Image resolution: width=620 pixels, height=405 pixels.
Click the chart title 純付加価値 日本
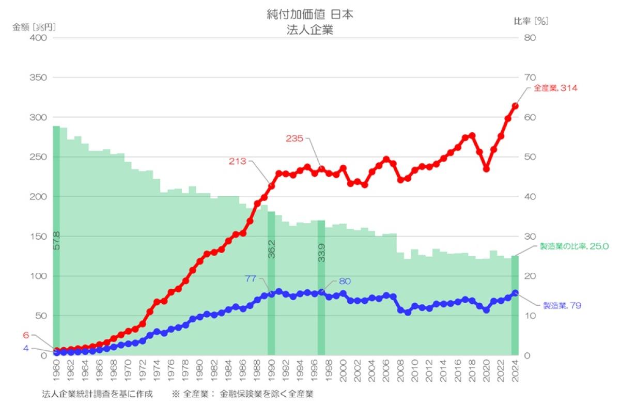tap(309, 15)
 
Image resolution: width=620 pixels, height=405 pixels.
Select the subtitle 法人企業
tap(309, 30)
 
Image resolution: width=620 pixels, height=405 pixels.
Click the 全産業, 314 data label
tap(555, 88)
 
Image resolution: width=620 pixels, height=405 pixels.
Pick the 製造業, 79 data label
tap(562, 306)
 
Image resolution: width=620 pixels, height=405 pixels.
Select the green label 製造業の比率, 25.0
tap(574, 246)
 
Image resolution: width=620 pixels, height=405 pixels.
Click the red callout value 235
tap(295, 138)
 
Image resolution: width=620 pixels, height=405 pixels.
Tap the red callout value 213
tap(238, 161)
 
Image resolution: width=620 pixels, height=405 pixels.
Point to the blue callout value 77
tap(251, 279)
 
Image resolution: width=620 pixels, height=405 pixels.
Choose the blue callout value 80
tap(345, 282)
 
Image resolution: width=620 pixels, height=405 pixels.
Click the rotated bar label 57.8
tap(56, 241)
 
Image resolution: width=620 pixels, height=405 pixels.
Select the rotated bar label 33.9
tap(321, 252)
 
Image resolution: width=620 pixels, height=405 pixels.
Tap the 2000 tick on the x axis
tap(343, 369)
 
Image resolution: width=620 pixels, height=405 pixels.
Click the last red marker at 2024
tap(515, 106)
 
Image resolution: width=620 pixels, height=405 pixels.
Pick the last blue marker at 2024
tap(515, 293)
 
